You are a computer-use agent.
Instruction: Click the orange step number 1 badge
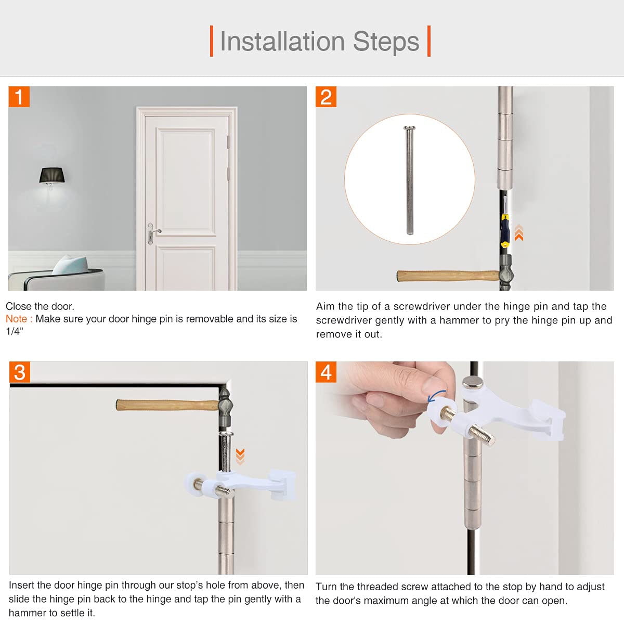[x=19, y=97]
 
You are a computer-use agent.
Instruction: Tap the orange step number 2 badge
[x=326, y=97]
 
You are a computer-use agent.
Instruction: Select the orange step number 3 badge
[x=20, y=372]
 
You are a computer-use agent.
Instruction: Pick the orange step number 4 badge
[x=326, y=372]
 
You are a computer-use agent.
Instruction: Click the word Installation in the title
[x=282, y=42]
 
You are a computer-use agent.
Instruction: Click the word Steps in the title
[x=386, y=42]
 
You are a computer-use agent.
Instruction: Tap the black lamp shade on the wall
[x=52, y=175]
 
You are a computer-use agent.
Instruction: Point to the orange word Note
[x=19, y=319]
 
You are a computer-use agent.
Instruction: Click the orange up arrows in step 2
[x=518, y=232]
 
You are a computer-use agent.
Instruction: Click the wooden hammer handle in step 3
[x=166, y=405]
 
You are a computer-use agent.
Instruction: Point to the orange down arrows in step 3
[x=240, y=456]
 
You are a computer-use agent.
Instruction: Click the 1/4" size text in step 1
[x=15, y=331]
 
